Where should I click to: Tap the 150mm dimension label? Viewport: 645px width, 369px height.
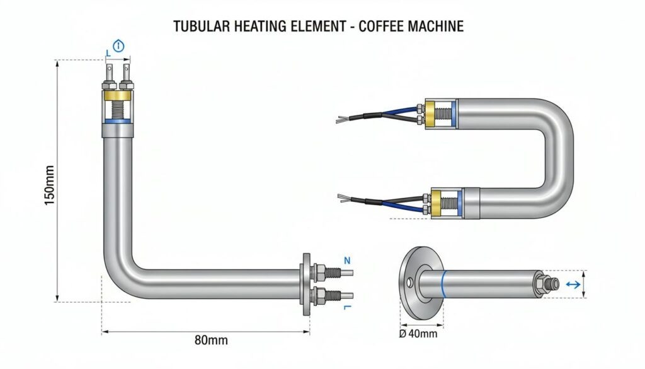49,185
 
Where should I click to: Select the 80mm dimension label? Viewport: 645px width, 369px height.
211,340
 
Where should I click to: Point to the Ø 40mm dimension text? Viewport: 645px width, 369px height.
418,333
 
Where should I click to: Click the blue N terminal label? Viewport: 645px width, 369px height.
347,261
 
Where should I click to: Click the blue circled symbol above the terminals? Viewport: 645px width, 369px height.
118,45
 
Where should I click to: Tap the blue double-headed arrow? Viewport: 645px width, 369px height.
573,284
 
